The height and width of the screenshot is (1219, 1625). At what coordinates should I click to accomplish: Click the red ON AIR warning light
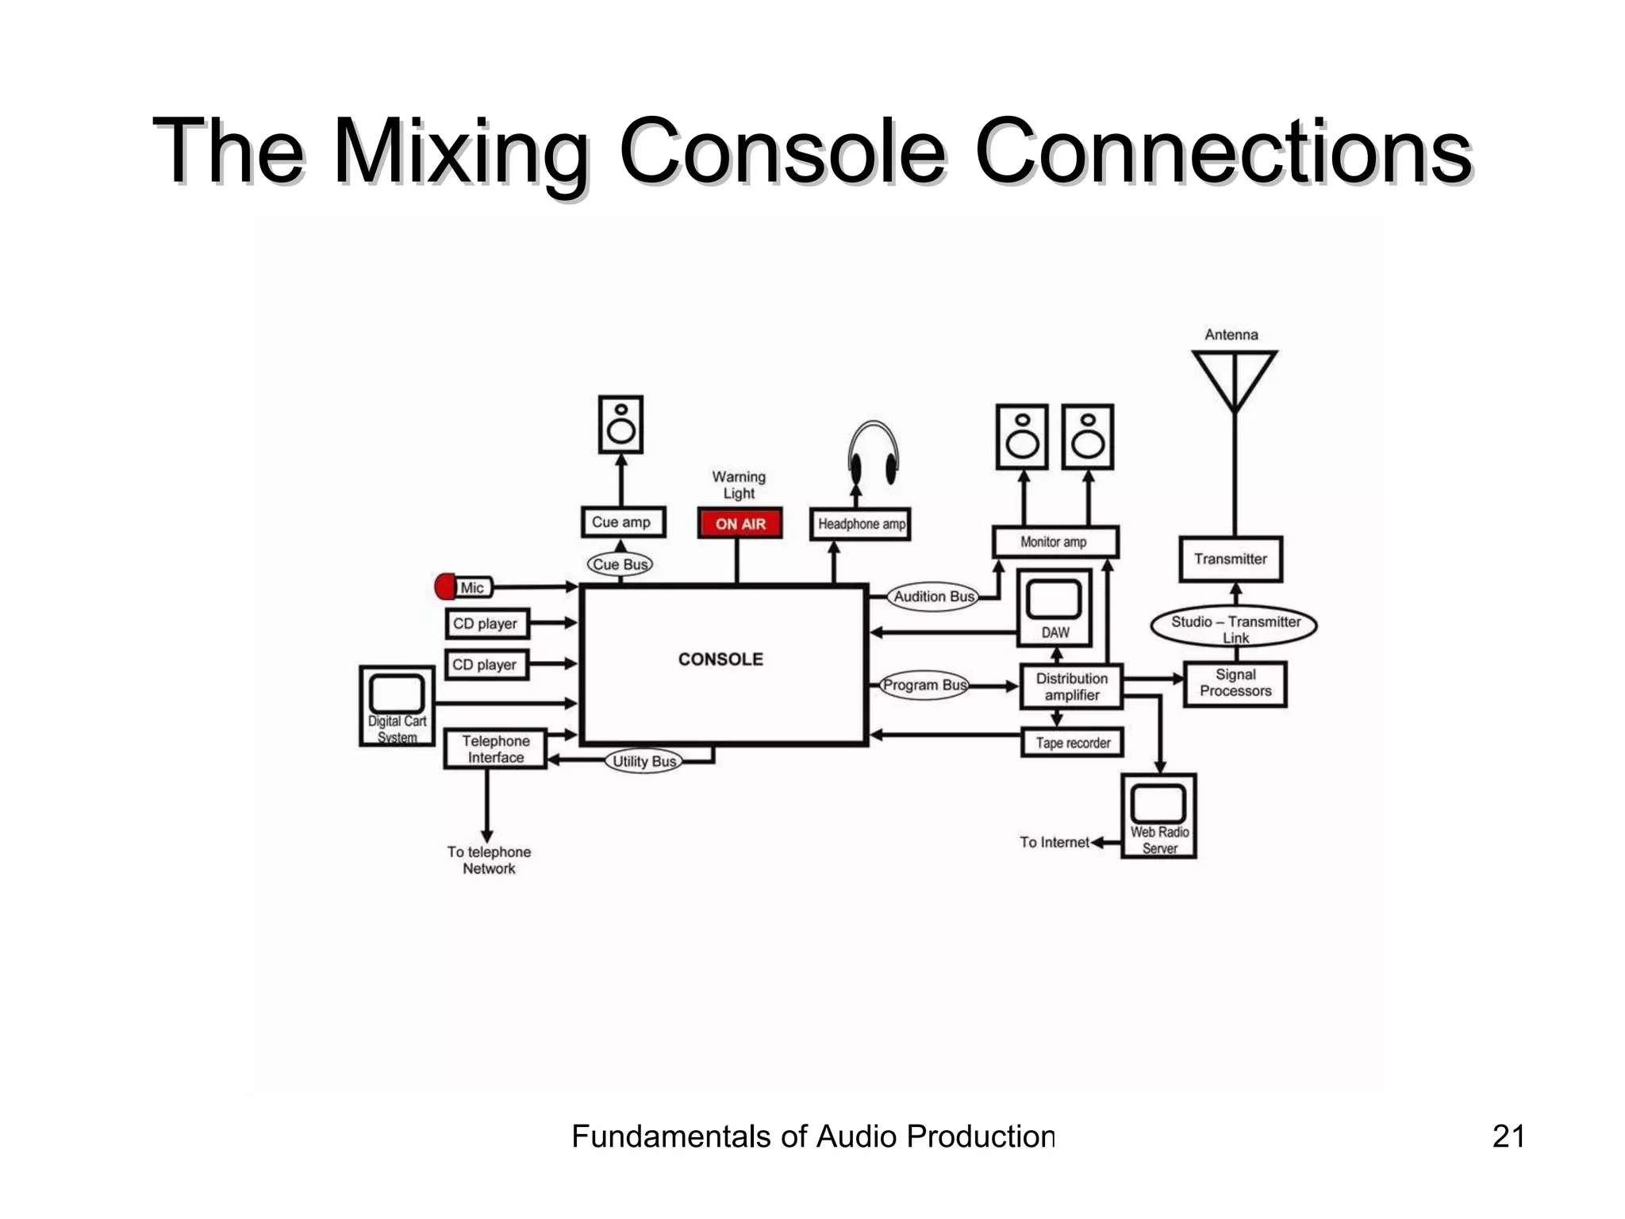click(740, 524)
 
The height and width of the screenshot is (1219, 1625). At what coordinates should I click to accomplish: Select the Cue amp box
click(622, 522)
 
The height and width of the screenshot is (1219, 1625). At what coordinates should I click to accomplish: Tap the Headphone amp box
click(860, 524)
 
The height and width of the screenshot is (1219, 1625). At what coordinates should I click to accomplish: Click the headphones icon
click(873, 454)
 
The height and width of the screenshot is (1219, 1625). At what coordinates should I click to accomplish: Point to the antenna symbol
click(1234, 381)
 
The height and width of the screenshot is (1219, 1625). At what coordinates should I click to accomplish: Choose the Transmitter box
click(1231, 559)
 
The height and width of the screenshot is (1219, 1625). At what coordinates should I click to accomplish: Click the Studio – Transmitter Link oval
click(1234, 627)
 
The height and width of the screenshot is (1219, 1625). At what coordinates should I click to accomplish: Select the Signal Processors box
click(1235, 683)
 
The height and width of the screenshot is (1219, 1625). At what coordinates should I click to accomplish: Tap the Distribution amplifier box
click(1071, 686)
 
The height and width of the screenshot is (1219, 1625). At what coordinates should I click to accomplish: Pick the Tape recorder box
click(1072, 743)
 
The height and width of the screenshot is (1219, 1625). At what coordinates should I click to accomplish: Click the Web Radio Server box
click(1158, 816)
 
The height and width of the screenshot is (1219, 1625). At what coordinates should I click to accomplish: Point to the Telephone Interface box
click(495, 749)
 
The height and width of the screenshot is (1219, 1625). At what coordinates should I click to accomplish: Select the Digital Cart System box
click(397, 706)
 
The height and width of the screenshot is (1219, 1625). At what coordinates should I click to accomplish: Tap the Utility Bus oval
click(643, 762)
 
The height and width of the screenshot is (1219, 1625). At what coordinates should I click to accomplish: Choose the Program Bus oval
click(924, 685)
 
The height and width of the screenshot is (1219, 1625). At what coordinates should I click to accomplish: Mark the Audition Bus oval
click(933, 597)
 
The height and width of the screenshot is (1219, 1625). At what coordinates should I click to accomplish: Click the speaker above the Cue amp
click(620, 425)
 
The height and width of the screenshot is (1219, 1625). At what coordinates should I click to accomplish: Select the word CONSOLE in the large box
click(720, 659)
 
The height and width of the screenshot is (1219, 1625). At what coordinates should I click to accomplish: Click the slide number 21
click(1508, 1136)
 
